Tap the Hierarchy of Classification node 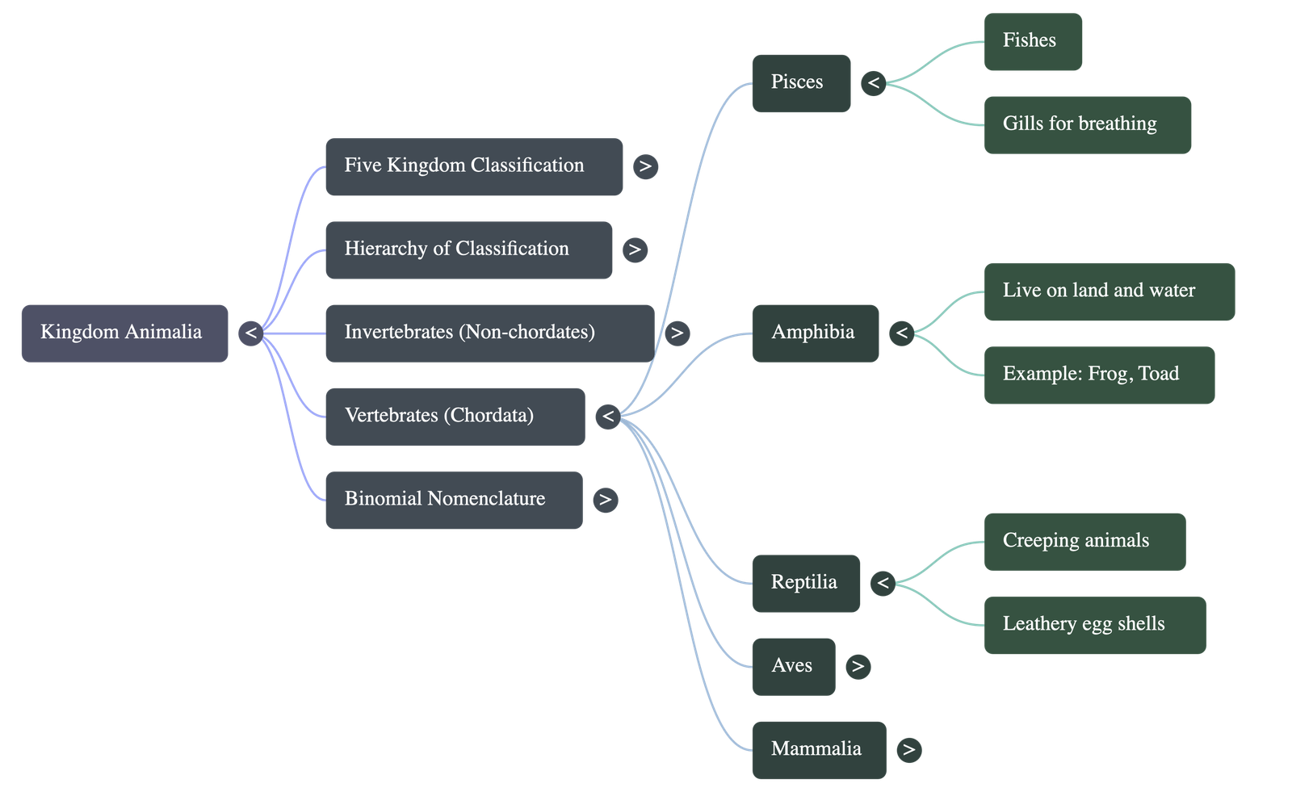[468, 249]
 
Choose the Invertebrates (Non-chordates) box [489, 333]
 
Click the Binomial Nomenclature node [454, 500]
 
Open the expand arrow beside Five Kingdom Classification [644, 167]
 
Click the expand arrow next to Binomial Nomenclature [605, 501]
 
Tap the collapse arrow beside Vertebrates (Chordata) [608, 417]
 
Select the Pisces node [800, 83]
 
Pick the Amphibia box [815, 333]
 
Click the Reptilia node [805, 583]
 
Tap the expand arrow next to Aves [858, 667]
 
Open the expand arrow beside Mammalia [908, 750]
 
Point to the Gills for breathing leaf [1087, 125]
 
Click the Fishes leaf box [1033, 41]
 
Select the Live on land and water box [1109, 291]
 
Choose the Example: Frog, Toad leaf [1099, 375]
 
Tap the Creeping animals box [1084, 542]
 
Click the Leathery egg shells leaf [1094, 625]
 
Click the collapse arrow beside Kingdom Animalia [251, 333]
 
